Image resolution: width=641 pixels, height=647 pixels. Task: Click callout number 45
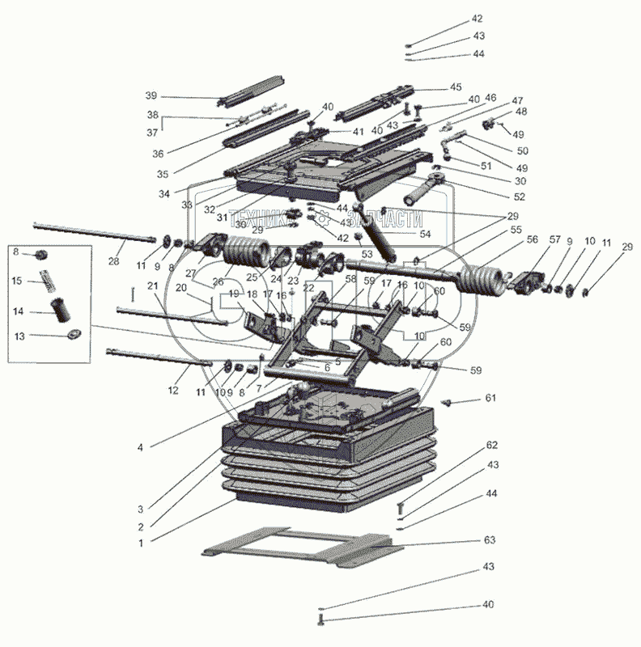pyautogui.click(x=456, y=87)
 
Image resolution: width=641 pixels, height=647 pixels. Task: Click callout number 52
pyautogui.click(x=519, y=197)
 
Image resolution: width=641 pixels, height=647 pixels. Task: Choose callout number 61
pyautogui.click(x=490, y=399)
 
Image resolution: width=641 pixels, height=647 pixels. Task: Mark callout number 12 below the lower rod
pyautogui.click(x=172, y=391)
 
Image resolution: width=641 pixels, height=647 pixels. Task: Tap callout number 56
pyautogui.click(x=531, y=240)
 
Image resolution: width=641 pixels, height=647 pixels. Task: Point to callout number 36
pyautogui.click(x=157, y=153)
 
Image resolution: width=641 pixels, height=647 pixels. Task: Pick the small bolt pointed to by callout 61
pyautogui.click(x=444, y=401)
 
